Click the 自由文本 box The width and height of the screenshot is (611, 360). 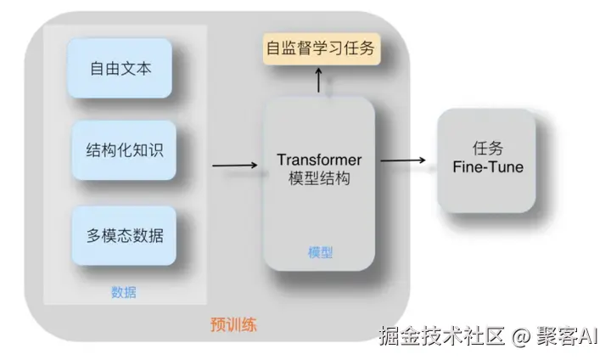121,69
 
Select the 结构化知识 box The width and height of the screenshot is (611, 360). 124,150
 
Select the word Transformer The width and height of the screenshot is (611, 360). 319,160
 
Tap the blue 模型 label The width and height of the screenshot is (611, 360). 319,252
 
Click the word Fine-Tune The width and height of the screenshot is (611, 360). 488,166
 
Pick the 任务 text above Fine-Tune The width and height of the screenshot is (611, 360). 487,147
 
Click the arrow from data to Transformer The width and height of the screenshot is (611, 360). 235,164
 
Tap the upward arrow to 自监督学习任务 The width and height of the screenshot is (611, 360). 319,82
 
